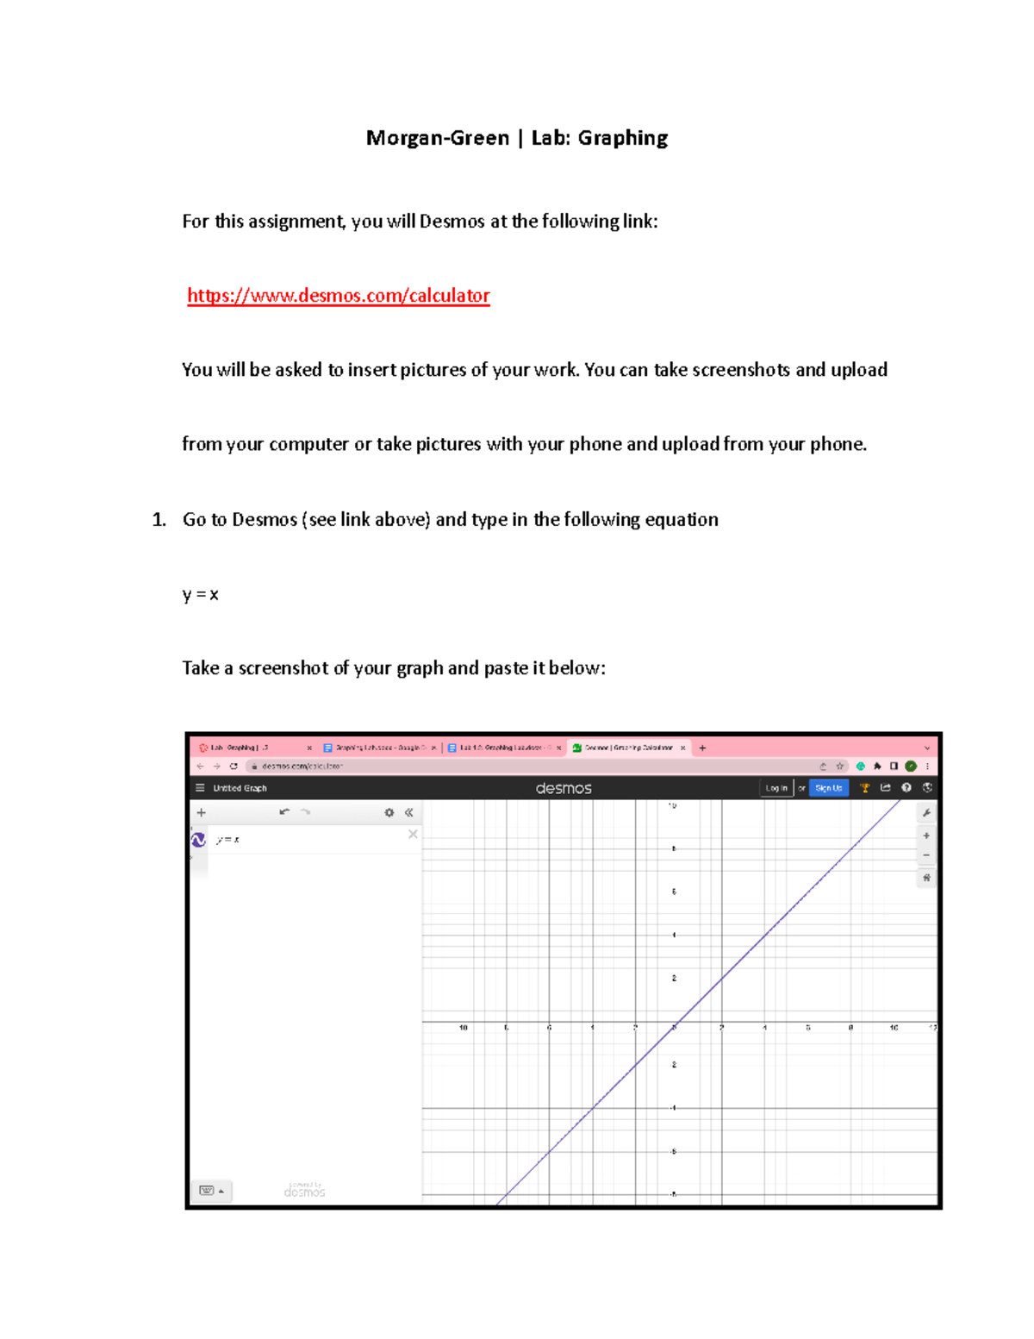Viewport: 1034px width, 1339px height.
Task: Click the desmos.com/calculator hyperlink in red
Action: pyautogui.click(x=338, y=296)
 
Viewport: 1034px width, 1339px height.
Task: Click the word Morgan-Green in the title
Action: pyautogui.click(x=438, y=138)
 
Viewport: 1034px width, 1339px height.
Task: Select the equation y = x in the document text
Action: pyautogui.click(x=200, y=594)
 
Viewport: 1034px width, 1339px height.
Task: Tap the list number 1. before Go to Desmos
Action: pyautogui.click(x=159, y=519)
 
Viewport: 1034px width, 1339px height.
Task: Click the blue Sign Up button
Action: pyautogui.click(x=828, y=788)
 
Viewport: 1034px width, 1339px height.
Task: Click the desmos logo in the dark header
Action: pyautogui.click(x=564, y=788)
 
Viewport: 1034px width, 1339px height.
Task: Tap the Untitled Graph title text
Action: pyautogui.click(x=240, y=788)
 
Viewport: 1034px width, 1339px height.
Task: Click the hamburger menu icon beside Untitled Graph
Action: pyautogui.click(x=200, y=788)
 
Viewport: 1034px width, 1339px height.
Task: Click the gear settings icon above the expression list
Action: pyautogui.click(x=389, y=812)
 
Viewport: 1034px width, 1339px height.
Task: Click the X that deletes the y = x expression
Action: pyautogui.click(x=413, y=834)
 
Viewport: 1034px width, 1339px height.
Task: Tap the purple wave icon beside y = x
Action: pyautogui.click(x=198, y=840)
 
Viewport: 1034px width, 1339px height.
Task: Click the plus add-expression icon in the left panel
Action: pyautogui.click(x=202, y=812)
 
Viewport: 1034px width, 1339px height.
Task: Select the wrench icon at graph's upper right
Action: pyautogui.click(x=926, y=812)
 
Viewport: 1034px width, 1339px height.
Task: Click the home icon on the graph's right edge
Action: pyautogui.click(x=926, y=878)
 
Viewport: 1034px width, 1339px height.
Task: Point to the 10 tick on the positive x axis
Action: pyautogui.click(x=894, y=1028)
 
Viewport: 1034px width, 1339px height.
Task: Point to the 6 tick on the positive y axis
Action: pyautogui.click(x=674, y=892)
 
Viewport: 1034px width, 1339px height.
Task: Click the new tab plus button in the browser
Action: pyautogui.click(x=702, y=748)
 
